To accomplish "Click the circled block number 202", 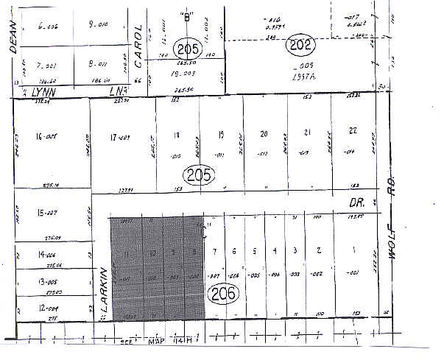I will coord(297,43).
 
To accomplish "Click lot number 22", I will coord(353,131).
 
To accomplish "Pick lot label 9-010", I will coord(97,24).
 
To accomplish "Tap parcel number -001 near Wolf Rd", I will coord(353,274).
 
